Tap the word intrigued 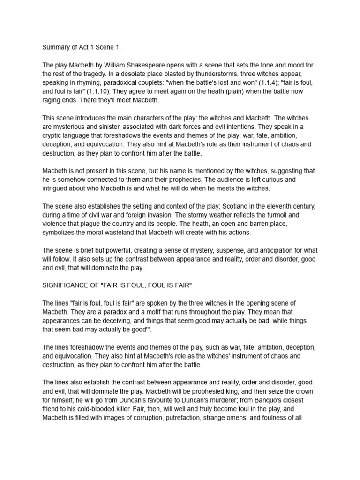click(57, 188)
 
